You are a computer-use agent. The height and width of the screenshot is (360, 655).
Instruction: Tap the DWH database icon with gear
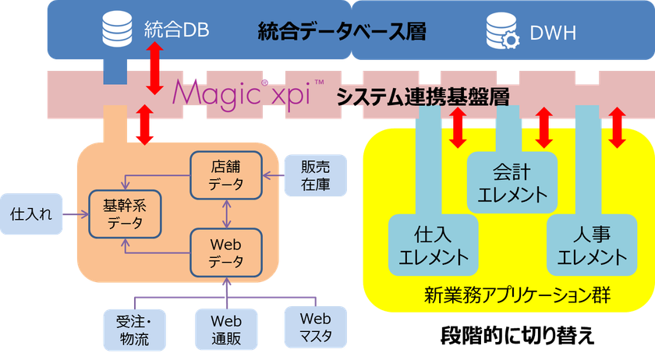coord(500,31)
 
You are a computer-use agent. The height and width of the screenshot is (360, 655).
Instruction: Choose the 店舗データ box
coord(226,175)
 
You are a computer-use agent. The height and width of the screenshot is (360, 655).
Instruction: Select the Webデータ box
coord(226,252)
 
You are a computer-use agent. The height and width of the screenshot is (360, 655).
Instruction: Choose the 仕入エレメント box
coord(434,245)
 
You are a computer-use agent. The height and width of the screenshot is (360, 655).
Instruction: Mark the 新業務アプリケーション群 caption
coord(510,296)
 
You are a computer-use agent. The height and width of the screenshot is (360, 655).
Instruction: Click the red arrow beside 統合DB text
coord(155,58)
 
